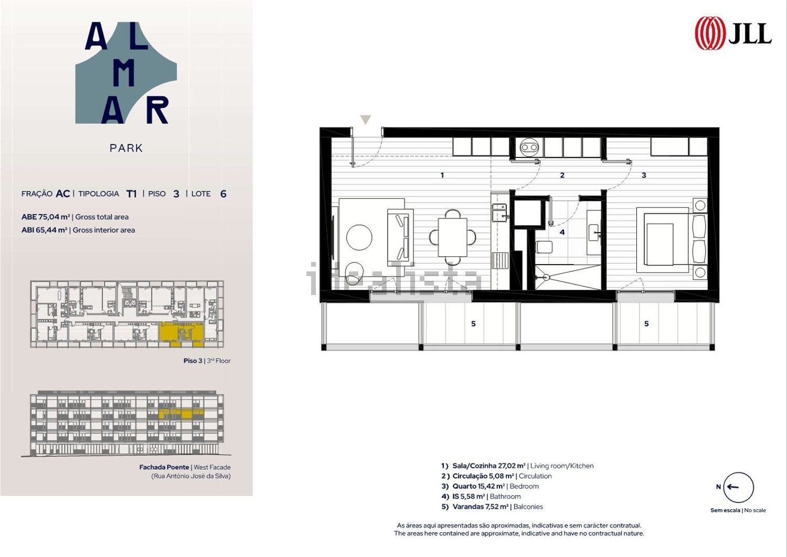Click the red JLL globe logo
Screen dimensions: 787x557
pyautogui.click(x=710, y=33)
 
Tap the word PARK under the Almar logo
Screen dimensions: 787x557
pyautogui.click(x=126, y=148)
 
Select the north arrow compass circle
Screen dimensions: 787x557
pyautogui.click(x=739, y=487)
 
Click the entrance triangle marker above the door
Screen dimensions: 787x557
pyautogui.click(x=365, y=120)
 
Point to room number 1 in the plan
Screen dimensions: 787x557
pyautogui.click(x=442, y=175)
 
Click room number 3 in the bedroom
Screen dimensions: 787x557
pyautogui.click(x=644, y=175)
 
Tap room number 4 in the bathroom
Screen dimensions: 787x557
pyautogui.click(x=562, y=232)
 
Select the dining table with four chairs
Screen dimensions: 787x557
pyautogui.click(x=452, y=237)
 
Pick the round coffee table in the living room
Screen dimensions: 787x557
pyautogui.click(x=359, y=237)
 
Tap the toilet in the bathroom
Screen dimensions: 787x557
pyautogui.click(x=544, y=247)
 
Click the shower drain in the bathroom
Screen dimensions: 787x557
pyautogui.click(x=546, y=277)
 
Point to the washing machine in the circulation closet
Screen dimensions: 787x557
pyautogui.click(x=529, y=148)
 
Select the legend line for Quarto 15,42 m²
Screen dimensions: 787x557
pyautogui.click(x=490, y=486)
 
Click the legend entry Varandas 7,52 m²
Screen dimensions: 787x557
pyautogui.click(x=492, y=507)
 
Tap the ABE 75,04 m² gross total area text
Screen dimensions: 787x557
pyautogui.click(x=75, y=217)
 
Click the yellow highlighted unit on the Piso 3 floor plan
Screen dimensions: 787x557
pyautogui.click(x=182, y=333)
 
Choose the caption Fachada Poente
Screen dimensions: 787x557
pyautogui.click(x=164, y=467)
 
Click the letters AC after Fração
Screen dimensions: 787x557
pyautogui.click(x=63, y=194)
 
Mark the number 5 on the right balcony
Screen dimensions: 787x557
pyautogui.click(x=646, y=324)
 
